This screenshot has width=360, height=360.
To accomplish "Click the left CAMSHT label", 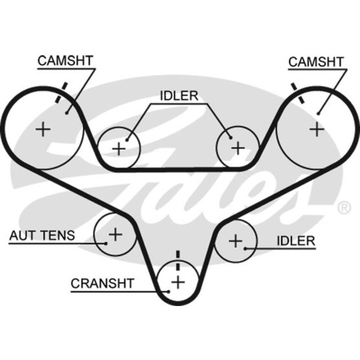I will pos(65,61).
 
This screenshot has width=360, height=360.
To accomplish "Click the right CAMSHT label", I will pos(316,62).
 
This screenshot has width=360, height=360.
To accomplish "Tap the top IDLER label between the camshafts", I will pos(178,96).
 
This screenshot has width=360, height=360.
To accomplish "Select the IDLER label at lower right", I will pos(296,241).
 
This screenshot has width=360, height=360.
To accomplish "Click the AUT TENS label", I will pos(42,236).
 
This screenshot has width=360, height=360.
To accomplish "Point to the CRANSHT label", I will pos(102,283).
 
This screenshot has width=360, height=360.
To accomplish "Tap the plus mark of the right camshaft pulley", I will pos(317,129).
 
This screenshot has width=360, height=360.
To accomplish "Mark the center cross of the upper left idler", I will pos(119,149).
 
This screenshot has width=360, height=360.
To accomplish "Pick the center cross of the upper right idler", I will pos(238,148).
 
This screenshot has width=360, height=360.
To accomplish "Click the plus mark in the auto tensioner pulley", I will pos(115,235).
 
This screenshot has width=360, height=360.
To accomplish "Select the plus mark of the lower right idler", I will pos(236,240).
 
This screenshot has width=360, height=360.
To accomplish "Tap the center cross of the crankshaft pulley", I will pos(178,282).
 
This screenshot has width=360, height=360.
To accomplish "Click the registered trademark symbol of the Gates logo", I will pos(342,208).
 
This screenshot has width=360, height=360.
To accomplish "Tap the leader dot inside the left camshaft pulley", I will pos(67,112).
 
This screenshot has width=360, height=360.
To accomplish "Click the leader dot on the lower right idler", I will pos(246,248).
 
